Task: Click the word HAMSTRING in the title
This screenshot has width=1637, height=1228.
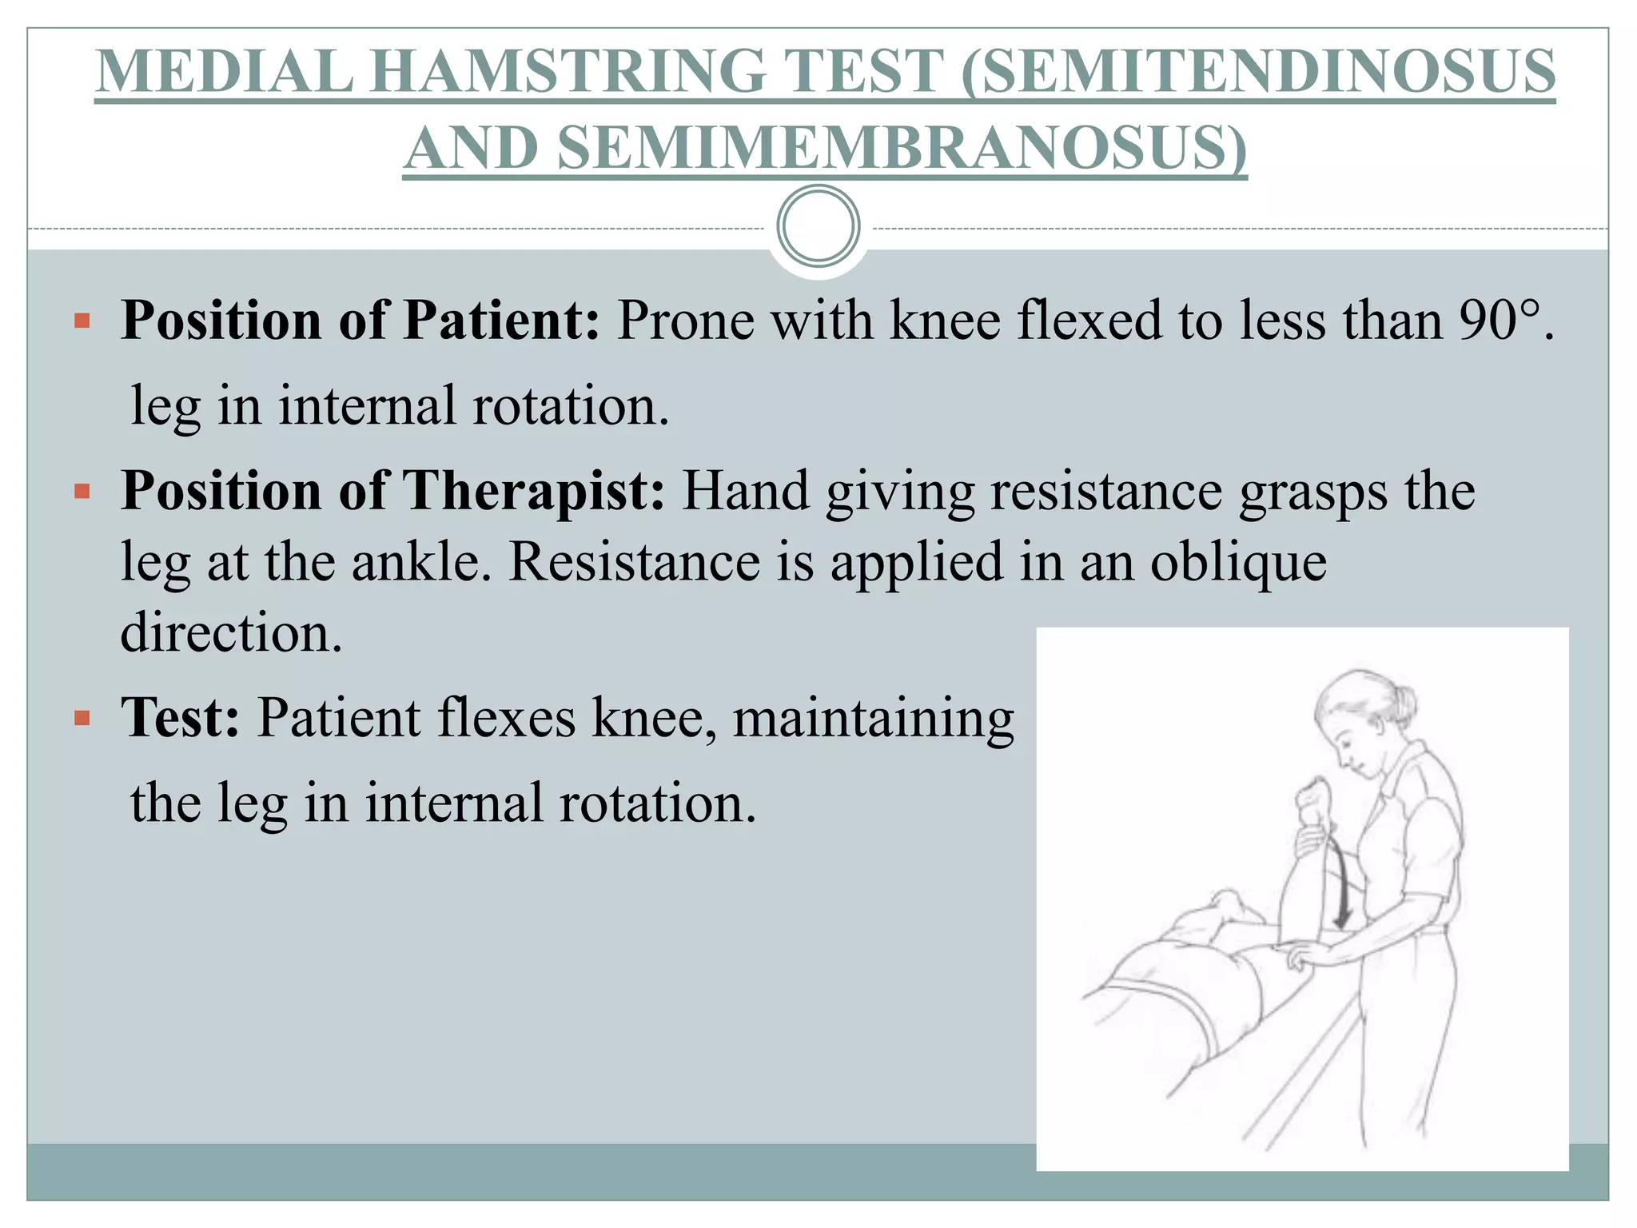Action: pos(652,72)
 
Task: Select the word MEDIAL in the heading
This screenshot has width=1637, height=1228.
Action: pos(224,72)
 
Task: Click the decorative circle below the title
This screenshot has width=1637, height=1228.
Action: pos(818,226)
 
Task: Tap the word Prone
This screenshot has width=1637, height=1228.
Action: pos(686,321)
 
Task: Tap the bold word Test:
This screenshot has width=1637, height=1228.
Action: pos(181,717)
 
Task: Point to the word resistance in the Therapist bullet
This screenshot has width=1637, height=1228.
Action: pos(1106,490)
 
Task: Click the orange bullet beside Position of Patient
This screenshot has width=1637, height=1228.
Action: pos(82,321)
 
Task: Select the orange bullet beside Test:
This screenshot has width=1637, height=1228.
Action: pos(82,718)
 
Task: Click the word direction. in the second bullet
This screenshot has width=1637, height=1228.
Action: pos(232,632)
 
